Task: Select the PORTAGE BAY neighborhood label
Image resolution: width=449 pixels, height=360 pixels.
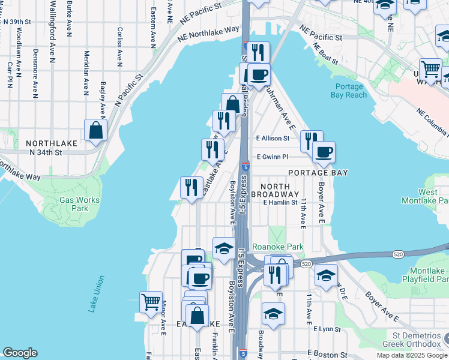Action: coord(318,173)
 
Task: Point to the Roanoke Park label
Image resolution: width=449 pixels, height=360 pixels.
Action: coord(277,247)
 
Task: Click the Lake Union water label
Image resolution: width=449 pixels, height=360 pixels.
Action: coord(96,294)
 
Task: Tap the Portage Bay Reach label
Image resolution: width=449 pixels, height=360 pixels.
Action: coord(348,91)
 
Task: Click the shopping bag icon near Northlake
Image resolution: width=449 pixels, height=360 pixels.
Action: coord(96,130)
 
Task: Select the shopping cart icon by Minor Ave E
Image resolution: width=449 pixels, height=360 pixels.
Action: coord(150,301)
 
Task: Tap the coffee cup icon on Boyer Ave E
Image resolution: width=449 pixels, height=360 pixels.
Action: coord(324,152)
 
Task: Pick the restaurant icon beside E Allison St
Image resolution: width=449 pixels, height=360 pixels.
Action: coord(311,142)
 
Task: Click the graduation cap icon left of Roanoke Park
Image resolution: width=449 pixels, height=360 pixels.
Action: coord(224,248)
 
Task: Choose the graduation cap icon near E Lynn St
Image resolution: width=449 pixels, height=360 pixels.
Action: coord(273,314)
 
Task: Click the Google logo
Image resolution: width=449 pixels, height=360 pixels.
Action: coord(20,352)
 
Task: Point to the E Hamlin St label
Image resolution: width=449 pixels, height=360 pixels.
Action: coord(280,202)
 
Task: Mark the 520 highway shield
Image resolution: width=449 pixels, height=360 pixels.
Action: coord(306,263)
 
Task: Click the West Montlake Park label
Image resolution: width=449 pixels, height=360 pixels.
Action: coord(430,196)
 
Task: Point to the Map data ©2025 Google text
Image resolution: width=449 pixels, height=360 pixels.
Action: coord(411,355)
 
